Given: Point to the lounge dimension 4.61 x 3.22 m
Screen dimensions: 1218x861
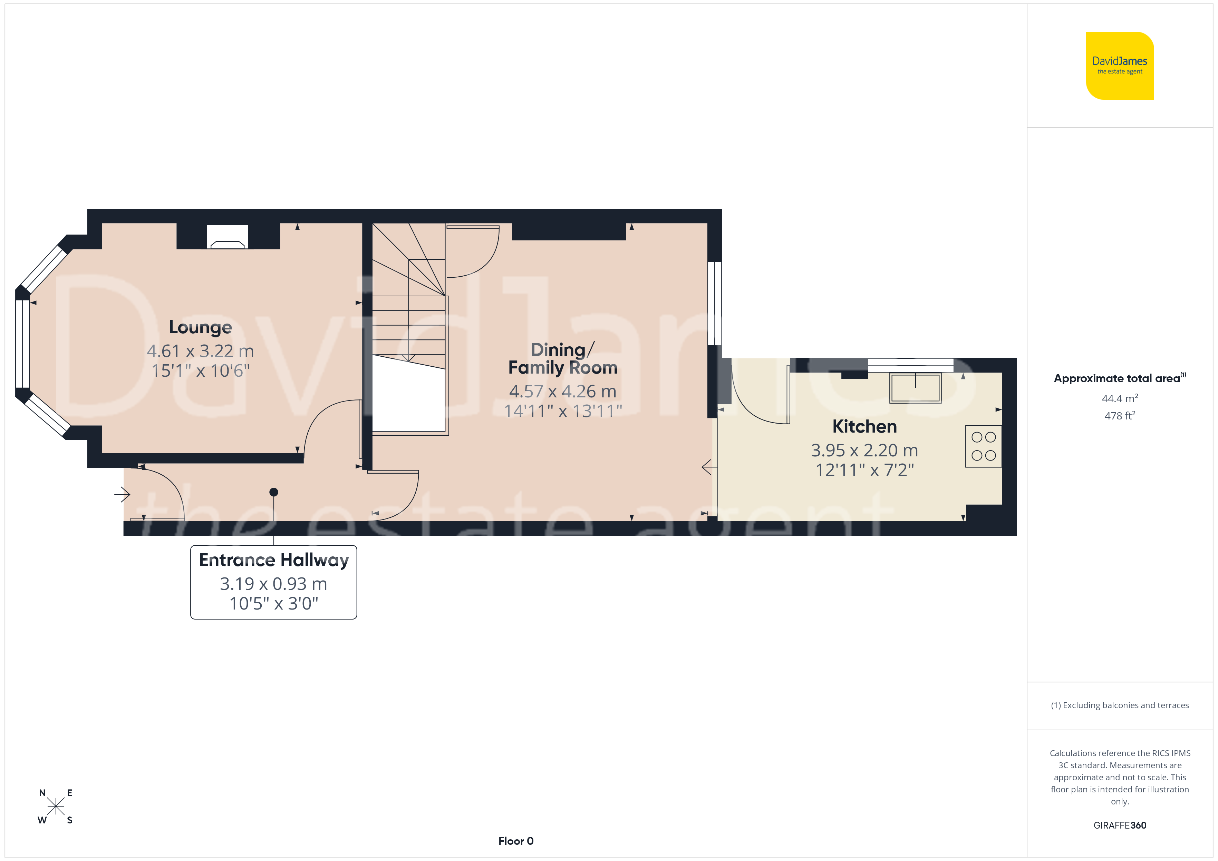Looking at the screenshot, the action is tap(200, 351).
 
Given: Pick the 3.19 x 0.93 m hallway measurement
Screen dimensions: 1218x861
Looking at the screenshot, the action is tap(274, 584).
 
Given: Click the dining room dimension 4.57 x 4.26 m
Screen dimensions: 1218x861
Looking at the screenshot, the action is tap(562, 391).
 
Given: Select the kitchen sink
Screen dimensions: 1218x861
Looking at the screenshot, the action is tap(916, 388).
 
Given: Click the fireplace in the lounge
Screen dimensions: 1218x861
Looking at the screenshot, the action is tap(228, 236).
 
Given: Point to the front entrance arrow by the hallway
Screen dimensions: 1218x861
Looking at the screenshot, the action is tap(122, 495).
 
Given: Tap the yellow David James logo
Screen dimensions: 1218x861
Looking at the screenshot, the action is tap(1120, 66).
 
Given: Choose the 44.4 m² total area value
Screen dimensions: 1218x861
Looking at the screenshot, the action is tap(1120, 398).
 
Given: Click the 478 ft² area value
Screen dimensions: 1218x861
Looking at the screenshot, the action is tap(1120, 416).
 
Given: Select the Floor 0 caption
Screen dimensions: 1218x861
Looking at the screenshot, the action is tap(516, 841).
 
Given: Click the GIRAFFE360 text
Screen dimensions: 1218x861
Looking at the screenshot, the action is tap(1120, 825).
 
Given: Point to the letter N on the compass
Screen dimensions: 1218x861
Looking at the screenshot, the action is tap(42, 793).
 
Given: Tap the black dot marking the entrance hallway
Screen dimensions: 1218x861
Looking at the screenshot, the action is tap(274, 492).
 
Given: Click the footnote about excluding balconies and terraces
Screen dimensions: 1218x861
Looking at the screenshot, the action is tap(1120, 705).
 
